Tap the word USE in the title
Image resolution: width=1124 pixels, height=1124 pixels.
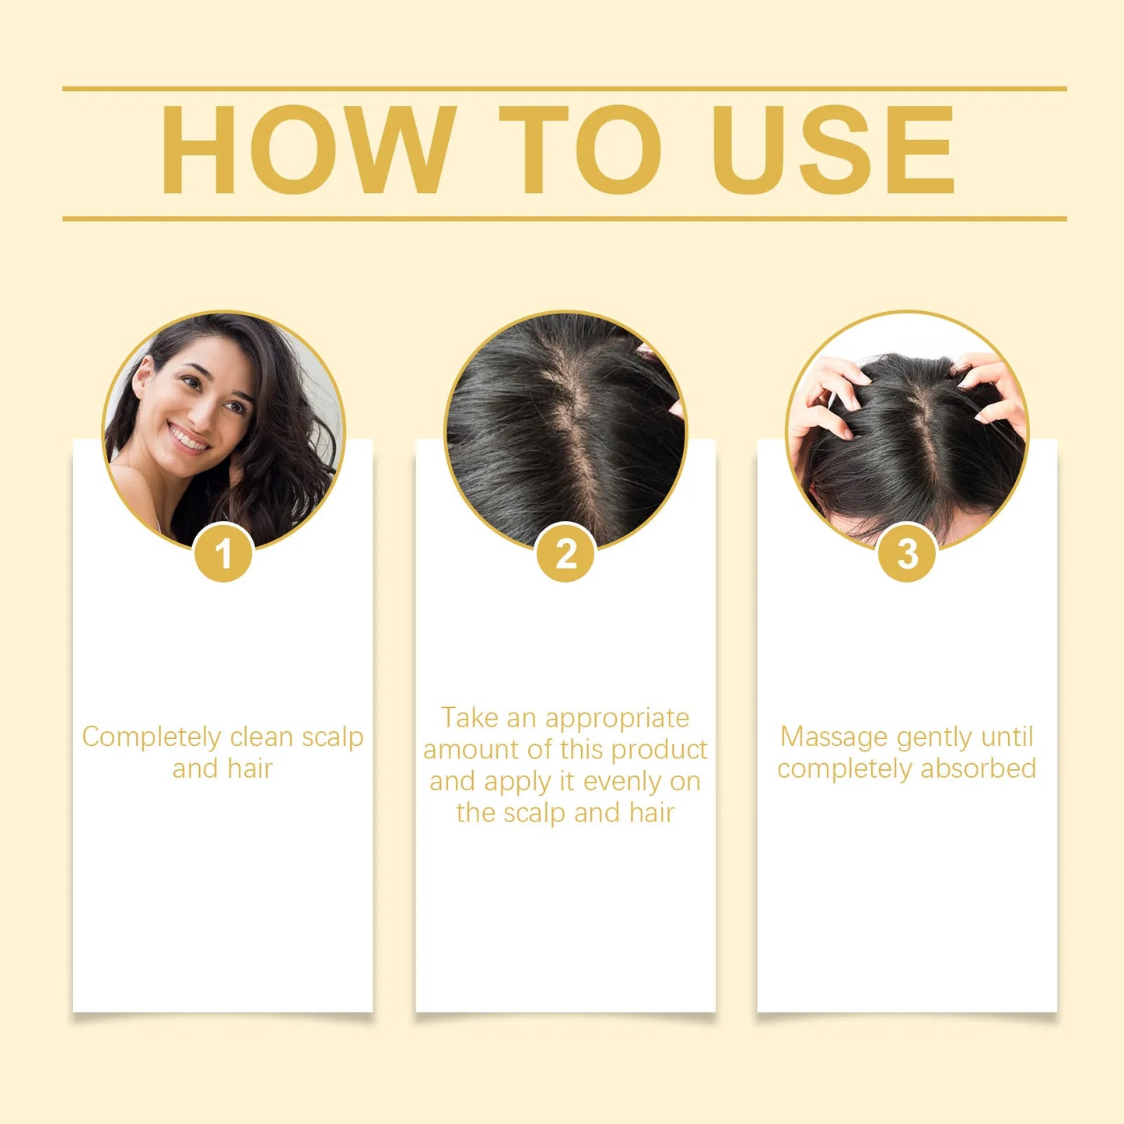833,149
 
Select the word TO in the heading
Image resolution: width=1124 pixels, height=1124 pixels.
580,149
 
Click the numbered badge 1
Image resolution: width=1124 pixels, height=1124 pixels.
224,554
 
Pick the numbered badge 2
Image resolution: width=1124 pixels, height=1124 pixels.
566,554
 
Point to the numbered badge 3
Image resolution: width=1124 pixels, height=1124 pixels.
907,554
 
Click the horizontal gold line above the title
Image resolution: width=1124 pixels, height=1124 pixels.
564,89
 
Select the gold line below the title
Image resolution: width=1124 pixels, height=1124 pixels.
564,219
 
